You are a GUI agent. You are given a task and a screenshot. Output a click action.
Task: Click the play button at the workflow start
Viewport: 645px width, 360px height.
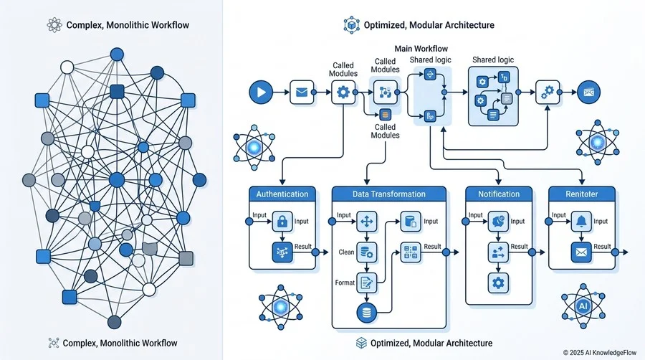coord(261,92)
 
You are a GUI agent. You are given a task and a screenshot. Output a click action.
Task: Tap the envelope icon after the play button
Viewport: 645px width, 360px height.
coord(302,93)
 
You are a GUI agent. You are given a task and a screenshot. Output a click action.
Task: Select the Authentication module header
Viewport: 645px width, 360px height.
coord(282,194)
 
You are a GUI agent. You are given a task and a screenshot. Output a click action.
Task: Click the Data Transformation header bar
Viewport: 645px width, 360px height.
coord(388,194)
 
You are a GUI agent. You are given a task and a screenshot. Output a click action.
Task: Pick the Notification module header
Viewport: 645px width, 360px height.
coord(499,194)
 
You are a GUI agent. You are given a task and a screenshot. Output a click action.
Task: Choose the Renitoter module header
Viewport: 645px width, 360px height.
coord(582,194)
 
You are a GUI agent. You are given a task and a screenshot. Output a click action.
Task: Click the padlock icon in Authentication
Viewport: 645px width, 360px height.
coord(282,222)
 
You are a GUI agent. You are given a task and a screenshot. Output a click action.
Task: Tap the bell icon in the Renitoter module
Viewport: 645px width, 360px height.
coord(580,222)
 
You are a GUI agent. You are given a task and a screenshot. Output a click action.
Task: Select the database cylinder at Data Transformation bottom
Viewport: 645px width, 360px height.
coord(366,313)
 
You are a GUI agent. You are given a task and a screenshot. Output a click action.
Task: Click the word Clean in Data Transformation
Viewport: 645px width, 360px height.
coord(346,252)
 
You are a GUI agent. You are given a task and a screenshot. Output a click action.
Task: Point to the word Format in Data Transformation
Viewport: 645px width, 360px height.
coord(345,283)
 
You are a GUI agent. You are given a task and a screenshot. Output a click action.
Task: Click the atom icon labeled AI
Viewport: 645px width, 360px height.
coord(583,305)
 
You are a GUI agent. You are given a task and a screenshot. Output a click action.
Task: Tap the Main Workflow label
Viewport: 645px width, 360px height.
coord(421,49)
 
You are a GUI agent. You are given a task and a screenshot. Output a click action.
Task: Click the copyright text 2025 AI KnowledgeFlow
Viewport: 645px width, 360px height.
coord(599,353)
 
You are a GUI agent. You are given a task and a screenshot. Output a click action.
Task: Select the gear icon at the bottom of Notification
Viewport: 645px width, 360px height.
coord(498,283)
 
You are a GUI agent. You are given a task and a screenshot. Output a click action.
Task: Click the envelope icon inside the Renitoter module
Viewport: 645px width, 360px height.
coord(580,252)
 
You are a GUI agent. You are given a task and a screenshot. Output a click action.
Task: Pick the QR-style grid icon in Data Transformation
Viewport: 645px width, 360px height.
coord(411,252)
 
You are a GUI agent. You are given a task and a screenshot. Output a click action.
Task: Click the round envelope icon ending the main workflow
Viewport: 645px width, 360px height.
coord(588,93)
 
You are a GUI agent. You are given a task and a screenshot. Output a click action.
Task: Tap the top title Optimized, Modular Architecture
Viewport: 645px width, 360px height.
coord(429,25)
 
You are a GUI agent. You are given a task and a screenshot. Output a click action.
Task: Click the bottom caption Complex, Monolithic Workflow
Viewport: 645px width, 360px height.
coord(120,343)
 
